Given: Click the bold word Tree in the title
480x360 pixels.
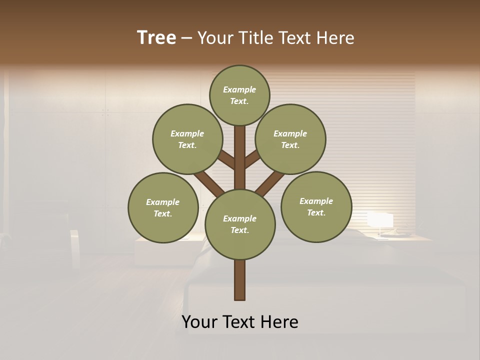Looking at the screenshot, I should pyautogui.click(x=156, y=38).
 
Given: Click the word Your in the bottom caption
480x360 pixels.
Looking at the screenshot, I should pyautogui.click(x=200, y=322).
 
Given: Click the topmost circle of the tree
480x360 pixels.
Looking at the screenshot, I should pyautogui.click(x=239, y=95).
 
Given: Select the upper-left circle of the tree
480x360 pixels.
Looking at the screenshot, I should pyautogui.click(x=187, y=139).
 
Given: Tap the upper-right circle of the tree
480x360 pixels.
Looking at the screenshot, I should pyautogui.click(x=290, y=139).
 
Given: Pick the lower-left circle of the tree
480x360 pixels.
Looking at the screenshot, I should pyautogui.click(x=163, y=207).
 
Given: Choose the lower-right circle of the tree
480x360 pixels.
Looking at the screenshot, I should pyautogui.click(x=316, y=206).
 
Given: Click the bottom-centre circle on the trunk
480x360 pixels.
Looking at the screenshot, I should pyautogui.click(x=240, y=224).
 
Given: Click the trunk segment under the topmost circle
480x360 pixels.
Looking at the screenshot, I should pyautogui.click(x=240, y=155).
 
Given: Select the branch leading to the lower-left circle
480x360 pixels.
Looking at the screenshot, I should pyautogui.click(x=209, y=183).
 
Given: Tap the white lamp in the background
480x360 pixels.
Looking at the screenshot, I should pyautogui.click(x=380, y=220).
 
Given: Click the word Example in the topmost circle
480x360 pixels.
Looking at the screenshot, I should pyautogui.click(x=239, y=89).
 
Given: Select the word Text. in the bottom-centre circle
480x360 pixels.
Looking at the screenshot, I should pyautogui.click(x=239, y=230).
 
